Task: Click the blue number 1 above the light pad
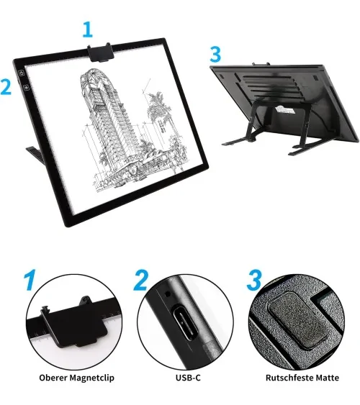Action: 88,29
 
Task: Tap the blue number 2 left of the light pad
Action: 6,87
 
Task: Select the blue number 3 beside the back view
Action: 215,55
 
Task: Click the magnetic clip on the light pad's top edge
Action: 101,53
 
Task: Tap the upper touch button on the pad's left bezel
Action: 22,73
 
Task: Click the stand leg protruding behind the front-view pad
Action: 35,155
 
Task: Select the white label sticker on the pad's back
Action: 285,109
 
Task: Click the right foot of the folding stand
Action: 307,149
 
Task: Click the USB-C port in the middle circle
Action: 184,323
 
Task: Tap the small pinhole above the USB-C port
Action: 168,294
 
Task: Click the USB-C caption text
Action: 188,378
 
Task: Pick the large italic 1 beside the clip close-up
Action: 30,280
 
